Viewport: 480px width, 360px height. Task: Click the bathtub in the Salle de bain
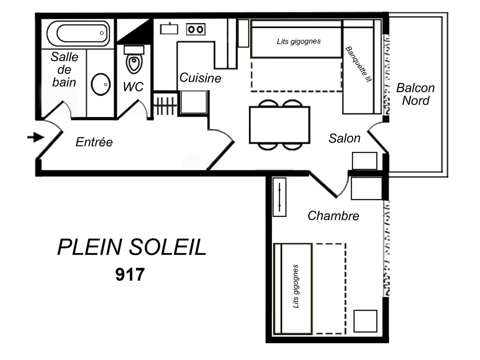coord(78,33)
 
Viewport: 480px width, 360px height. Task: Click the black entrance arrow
coord(36,138)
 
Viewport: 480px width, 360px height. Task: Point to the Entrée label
coord(94,142)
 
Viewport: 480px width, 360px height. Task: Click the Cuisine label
coord(200,78)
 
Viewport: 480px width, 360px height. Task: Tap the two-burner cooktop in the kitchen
coord(196,29)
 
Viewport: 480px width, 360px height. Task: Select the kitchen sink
coord(169,29)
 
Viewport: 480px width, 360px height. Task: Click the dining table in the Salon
coord(279,125)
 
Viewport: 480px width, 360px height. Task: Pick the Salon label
coord(344,138)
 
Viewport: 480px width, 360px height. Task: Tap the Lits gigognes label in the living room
coord(299,41)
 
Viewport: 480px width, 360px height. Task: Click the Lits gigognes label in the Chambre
coord(296,286)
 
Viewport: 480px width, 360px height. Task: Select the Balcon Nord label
coord(416,94)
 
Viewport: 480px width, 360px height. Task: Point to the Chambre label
coord(333,216)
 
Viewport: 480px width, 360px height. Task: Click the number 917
coord(130,275)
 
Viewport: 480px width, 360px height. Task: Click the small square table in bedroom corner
coord(365,321)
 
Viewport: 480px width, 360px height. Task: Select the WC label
coord(133,87)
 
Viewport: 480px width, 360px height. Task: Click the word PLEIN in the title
coord(90,248)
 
